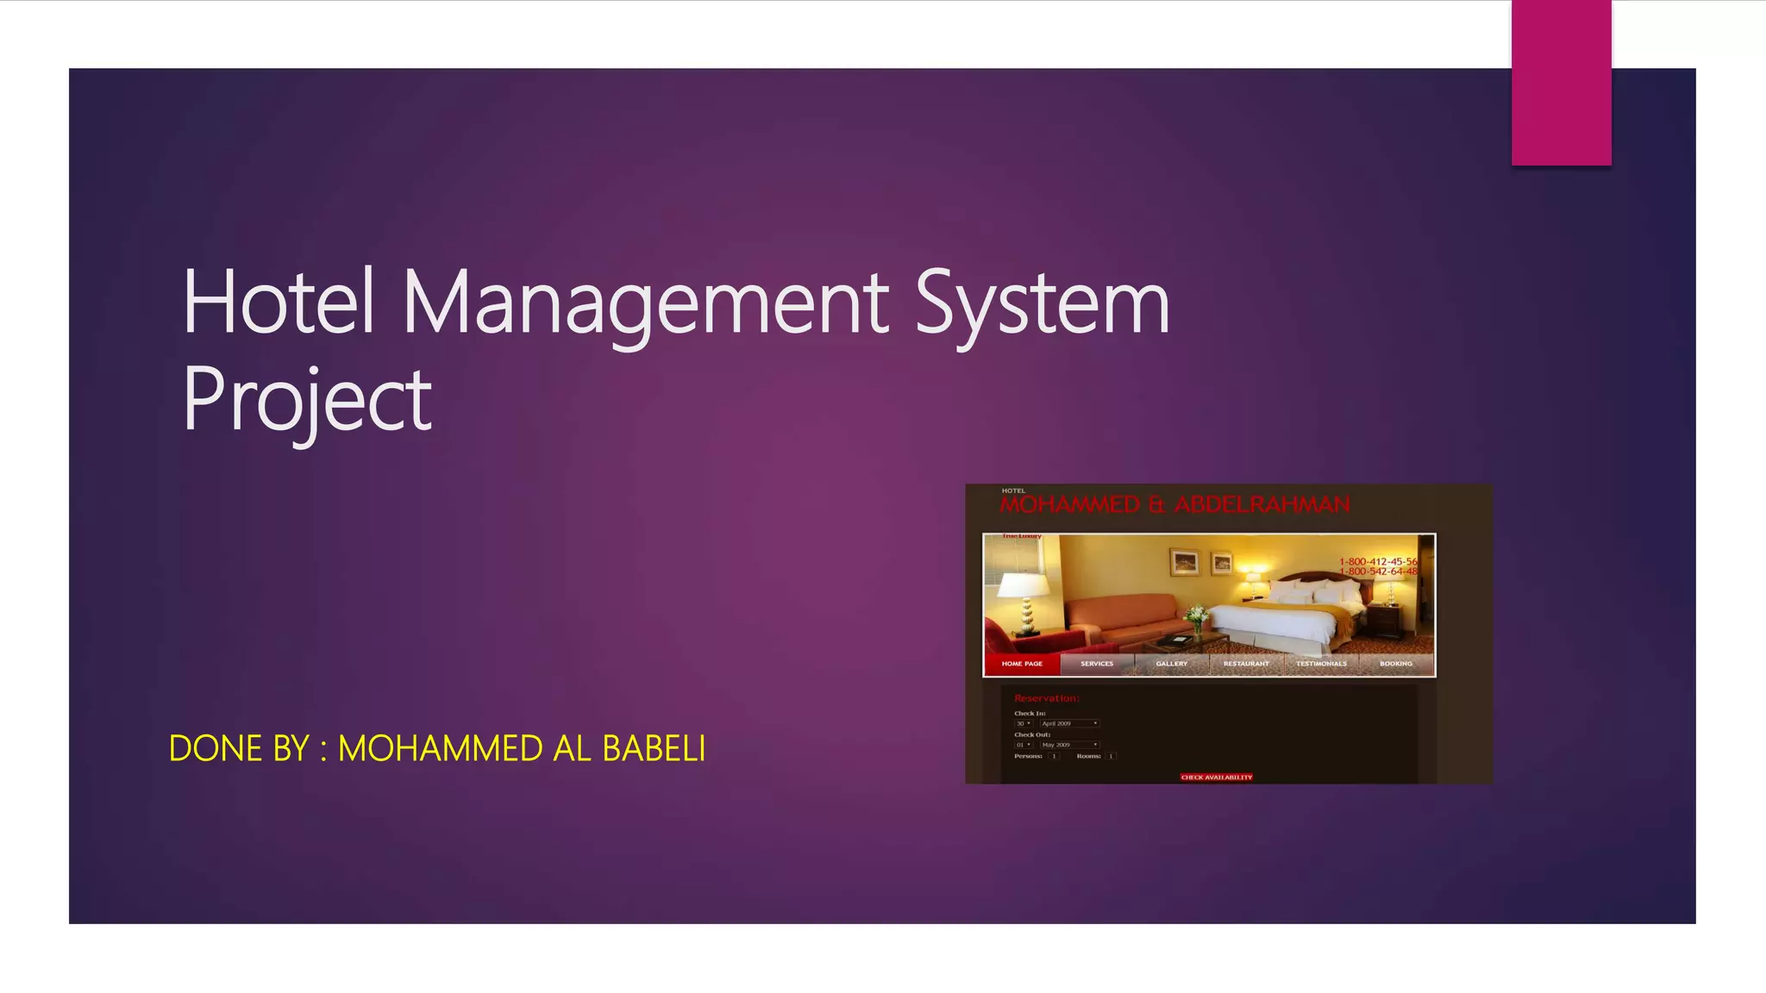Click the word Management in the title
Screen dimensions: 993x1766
(645, 303)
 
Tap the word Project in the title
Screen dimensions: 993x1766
(307, 400)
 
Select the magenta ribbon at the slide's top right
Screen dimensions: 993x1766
(1561, 83)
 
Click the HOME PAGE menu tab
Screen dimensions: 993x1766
(1022, 664)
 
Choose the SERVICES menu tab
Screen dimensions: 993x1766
(1097, 664)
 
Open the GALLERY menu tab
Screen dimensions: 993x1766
(1171, 664)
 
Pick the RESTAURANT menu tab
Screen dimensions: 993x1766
(1246, 664)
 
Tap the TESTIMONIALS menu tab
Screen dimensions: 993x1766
(1321, 664)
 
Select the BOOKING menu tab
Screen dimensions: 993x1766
(1395, 664)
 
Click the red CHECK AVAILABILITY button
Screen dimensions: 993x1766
(1216, 778)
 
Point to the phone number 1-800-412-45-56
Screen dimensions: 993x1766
(1378, 562)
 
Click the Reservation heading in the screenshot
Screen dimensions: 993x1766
(1046, 698)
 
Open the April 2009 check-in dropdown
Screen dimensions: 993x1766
(1069, 723)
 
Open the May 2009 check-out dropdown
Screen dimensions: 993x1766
(1069, 745)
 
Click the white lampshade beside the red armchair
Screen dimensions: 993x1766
(1024, 587)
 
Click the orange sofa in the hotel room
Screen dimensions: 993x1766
(1121, 614)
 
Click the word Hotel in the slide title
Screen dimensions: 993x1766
(278, 303)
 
